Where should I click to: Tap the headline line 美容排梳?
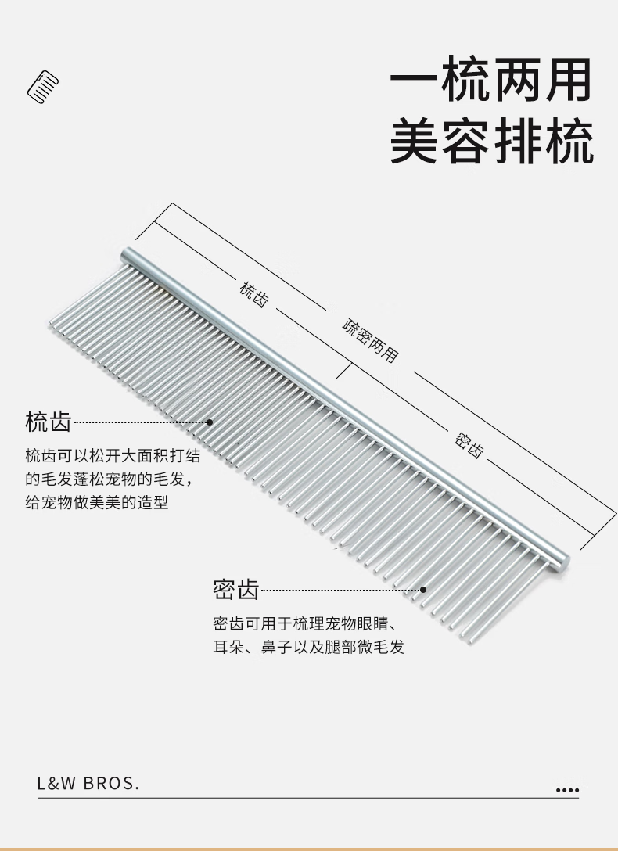[490, 142]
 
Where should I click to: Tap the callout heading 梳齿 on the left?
[49, 422]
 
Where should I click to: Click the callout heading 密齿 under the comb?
[235, 590]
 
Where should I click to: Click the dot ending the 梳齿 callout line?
[210, 422]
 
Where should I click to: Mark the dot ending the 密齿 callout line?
[423, 590]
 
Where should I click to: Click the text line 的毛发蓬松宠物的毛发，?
[108, 479]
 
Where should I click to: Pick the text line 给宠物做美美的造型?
[96, 502]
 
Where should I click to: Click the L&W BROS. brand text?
[88, 784]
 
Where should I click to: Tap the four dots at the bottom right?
[567, 791]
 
